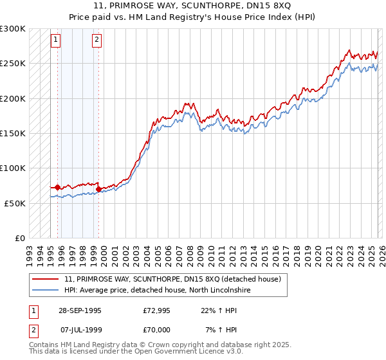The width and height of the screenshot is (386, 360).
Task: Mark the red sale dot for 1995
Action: (x=58, y=187)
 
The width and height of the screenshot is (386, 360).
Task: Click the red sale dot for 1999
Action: (x=98, y=189)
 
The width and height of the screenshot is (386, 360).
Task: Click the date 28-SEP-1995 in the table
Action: (x=80, y=310)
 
